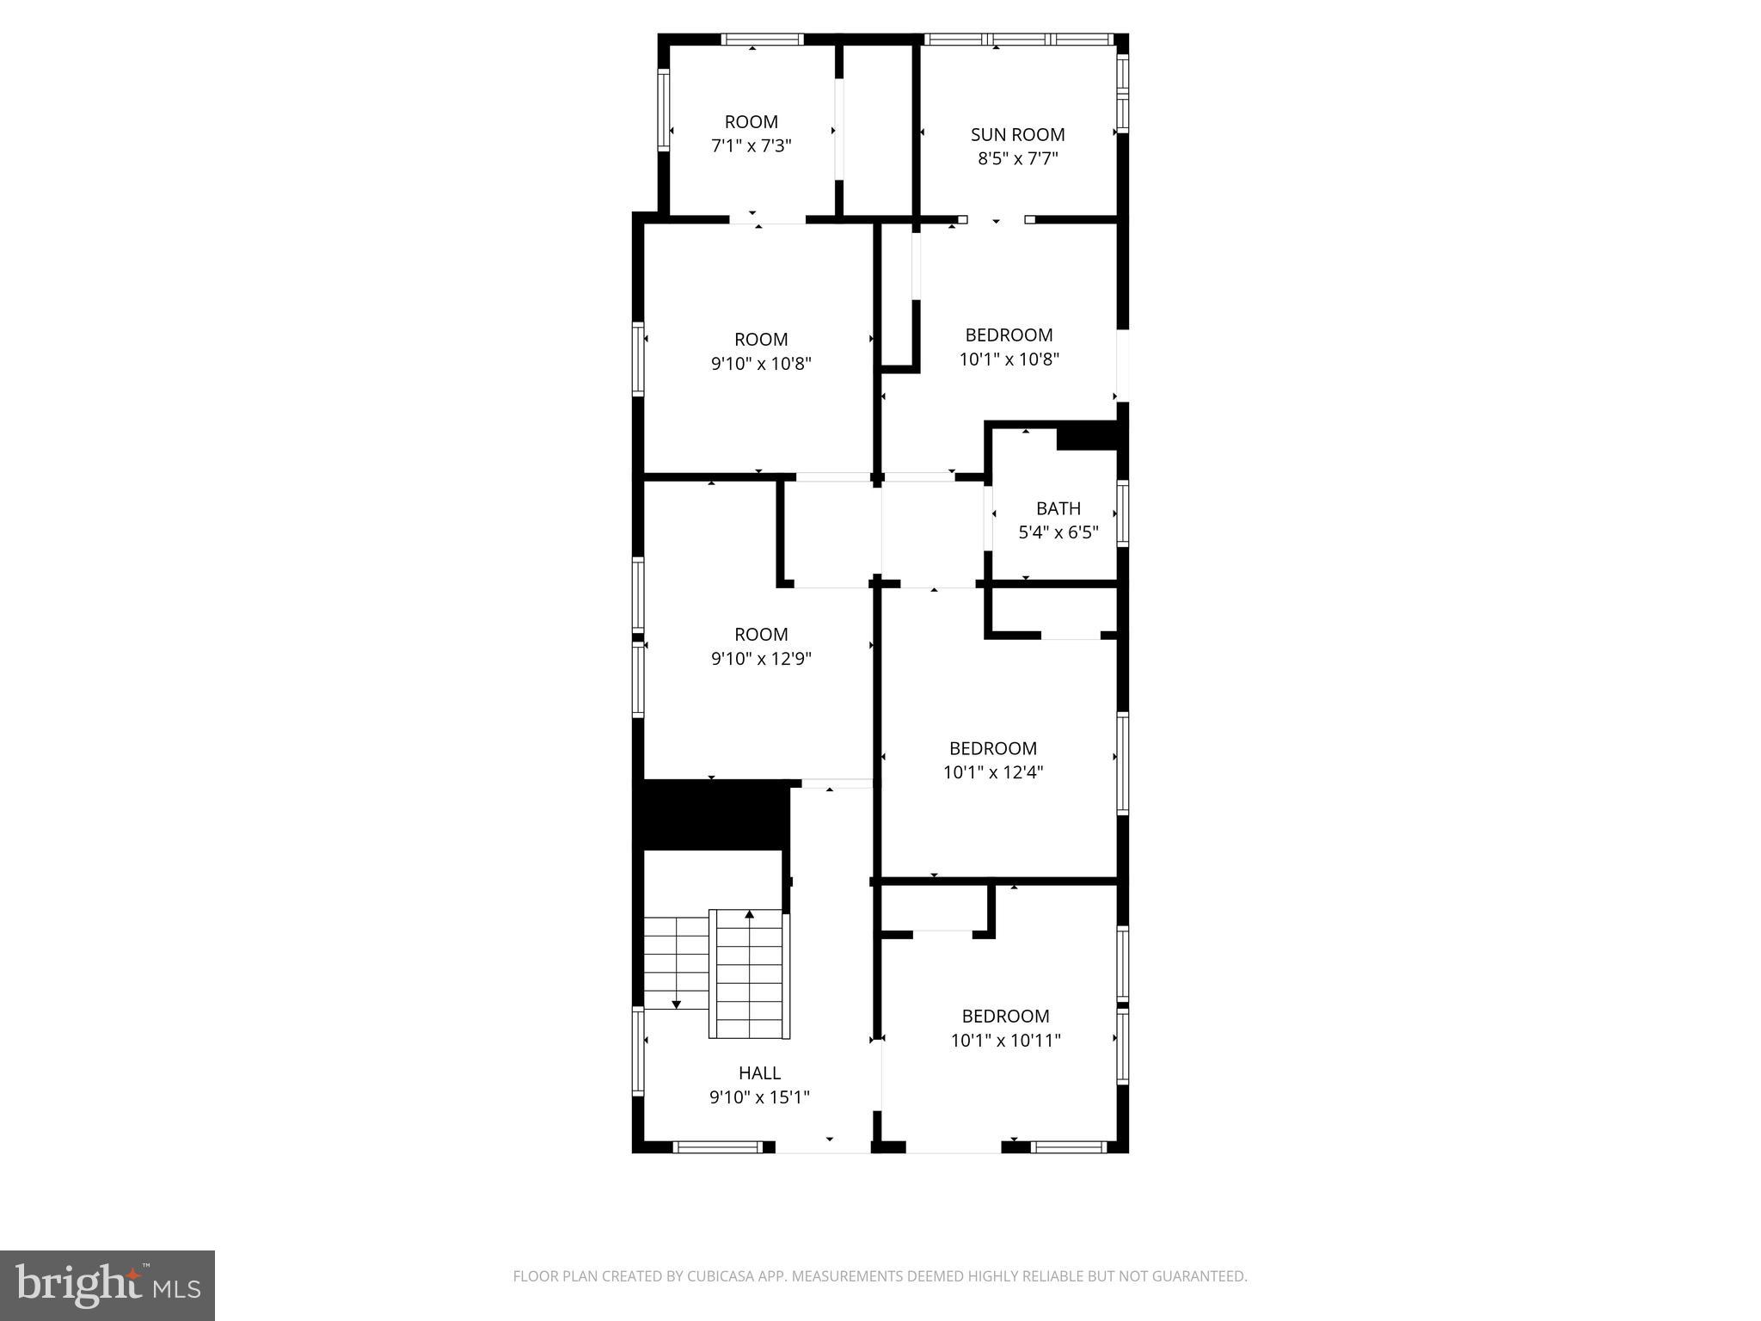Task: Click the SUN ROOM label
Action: pos(1017,134)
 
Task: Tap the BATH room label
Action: pos(1058,508)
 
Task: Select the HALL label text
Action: pos(759,1072)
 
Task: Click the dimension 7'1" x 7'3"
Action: pos(751,146)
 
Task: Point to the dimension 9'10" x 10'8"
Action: pos(760,363)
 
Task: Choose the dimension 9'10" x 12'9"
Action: pos(760,659)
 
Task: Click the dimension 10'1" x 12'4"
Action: pos(992,772)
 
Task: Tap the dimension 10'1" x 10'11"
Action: pos(1005,1041)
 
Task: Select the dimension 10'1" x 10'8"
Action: pos(1009,359)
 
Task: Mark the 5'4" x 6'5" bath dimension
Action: pos(1058,532)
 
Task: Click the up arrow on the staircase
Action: pos(749,915)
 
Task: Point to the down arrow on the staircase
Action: pos(677,1003)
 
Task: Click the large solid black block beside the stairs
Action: pos(711,815)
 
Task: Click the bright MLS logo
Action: pos(107,1285)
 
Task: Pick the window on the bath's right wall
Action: pos(1122,513)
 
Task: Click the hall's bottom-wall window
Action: pos(717,1146)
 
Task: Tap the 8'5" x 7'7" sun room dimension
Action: pos(1017,158)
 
